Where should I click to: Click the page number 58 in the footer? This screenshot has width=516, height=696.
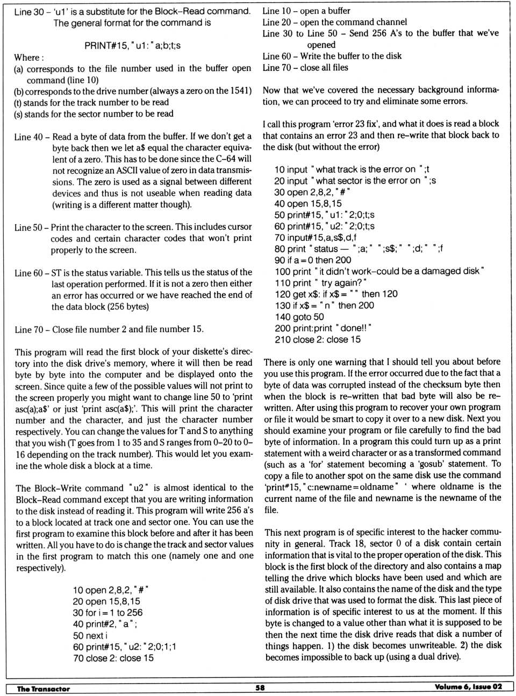coord(260,687)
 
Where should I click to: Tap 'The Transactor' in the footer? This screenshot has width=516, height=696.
coord(44,688)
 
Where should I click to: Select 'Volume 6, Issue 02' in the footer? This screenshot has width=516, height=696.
coord(468,687)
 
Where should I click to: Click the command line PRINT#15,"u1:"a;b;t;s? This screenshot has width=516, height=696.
coord(132,45)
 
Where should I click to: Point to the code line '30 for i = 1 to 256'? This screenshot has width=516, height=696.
coord(107,613)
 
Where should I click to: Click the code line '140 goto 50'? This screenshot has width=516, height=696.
coord(299,317)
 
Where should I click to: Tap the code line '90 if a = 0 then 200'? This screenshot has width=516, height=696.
coord(312,260)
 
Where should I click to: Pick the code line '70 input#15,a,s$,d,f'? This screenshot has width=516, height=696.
coord(315,237)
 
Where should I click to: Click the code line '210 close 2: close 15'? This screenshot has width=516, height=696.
coord(318,339)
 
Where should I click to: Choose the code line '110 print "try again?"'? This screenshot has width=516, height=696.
coord(320,282)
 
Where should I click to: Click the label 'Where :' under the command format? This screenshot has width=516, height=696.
coord(29,58)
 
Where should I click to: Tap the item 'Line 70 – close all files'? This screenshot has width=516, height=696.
coord(305,68)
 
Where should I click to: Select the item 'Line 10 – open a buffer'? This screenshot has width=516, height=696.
coord(306,11)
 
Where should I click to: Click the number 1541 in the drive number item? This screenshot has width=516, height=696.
coord(240,91)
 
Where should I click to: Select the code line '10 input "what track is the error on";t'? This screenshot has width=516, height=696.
coord(352,169)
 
